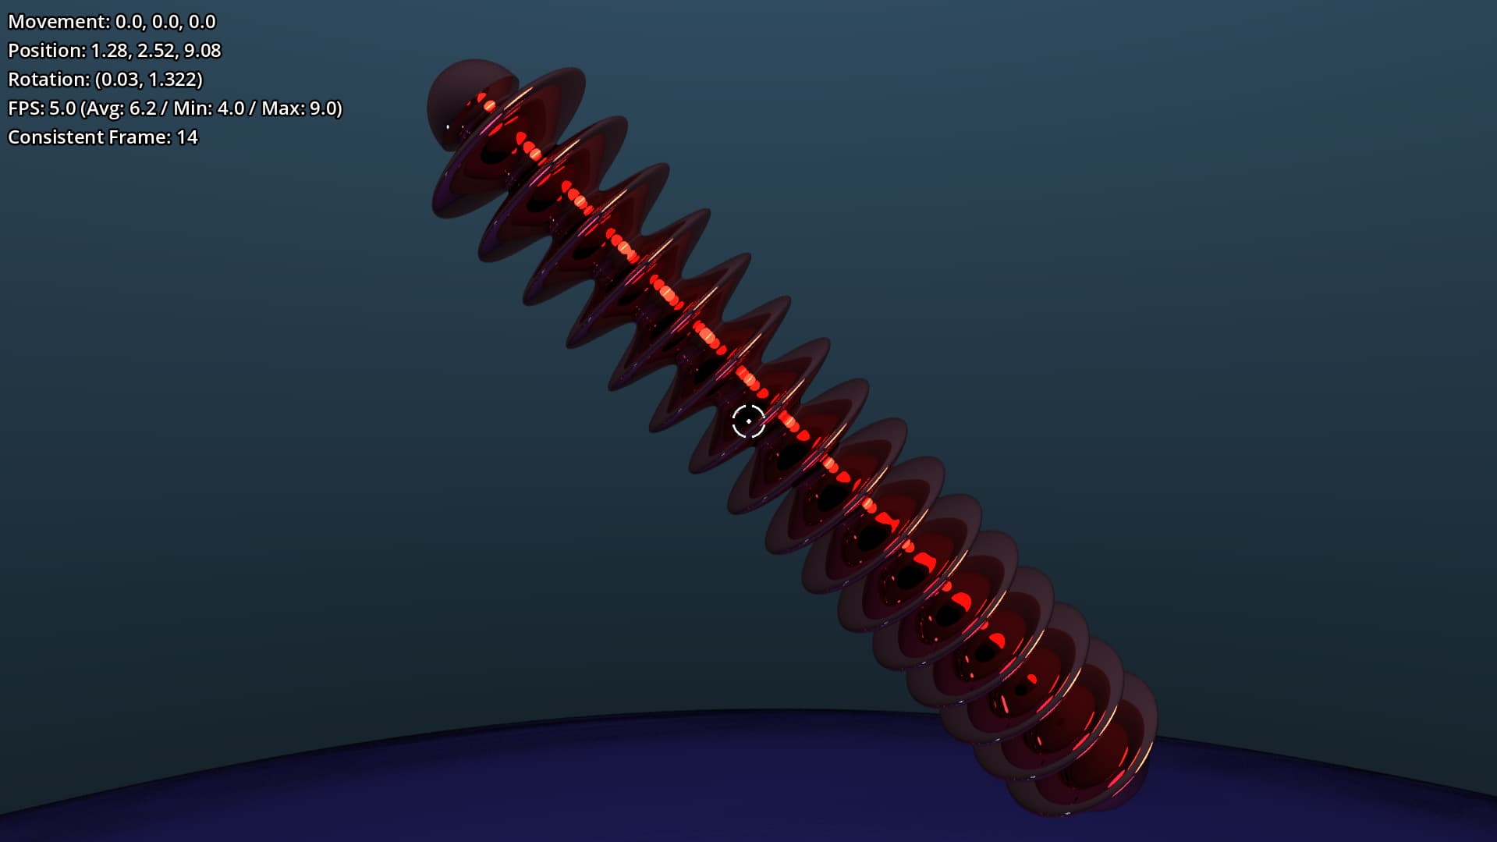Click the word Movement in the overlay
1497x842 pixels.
pyautogui.click(x=57, y=22)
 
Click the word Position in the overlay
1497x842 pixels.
pyautogui.click(x=44, y=51)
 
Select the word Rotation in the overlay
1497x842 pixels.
pyautogui.click(x=47, y=80)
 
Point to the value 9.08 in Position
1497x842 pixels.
pyautogui.click(x=203, y=51)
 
